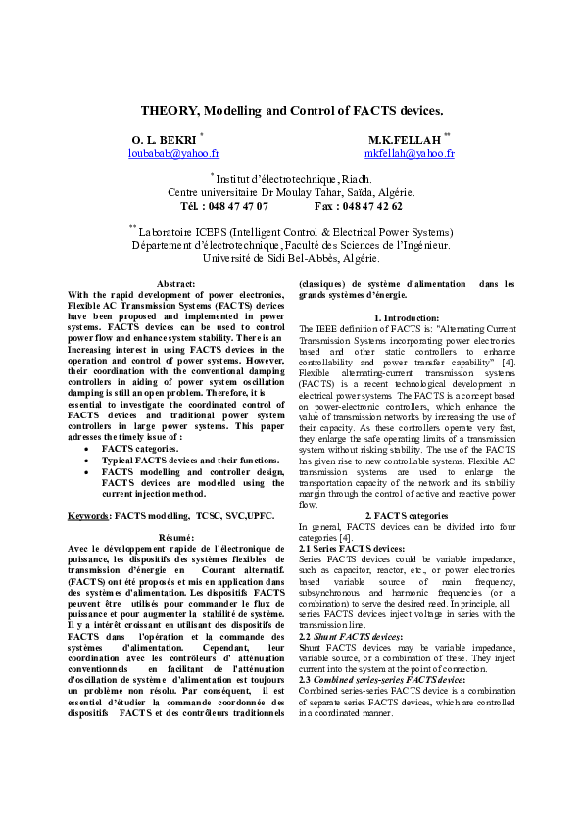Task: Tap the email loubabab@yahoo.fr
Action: (x=174, y=154)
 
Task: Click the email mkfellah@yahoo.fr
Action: (x=409, y=154)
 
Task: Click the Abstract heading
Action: (x=175, y=283)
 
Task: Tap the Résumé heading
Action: (x=175, y=538)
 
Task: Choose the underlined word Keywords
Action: (x=88, y=515)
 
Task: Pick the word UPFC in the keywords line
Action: (x=259, y=515)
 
